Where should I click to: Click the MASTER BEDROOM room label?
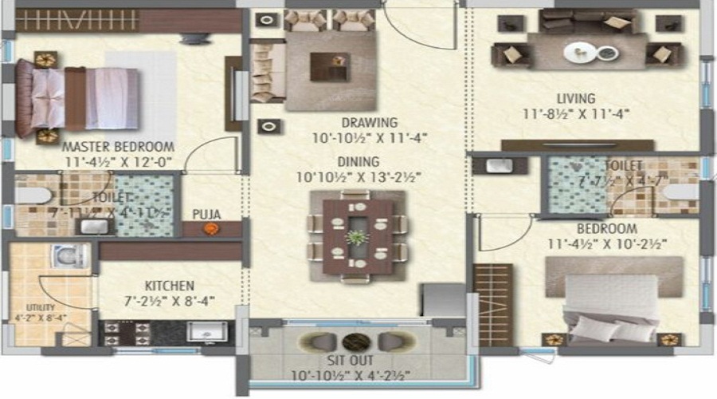tap(118, 147)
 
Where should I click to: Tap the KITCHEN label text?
tap(170, 285)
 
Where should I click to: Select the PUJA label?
tap(206, 213)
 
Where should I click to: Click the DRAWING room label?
tap(369, 123)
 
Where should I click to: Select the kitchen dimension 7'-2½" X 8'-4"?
tap(170, 300)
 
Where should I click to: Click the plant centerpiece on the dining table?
tap(358, 237)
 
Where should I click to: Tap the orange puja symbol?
tap(210, 229)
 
